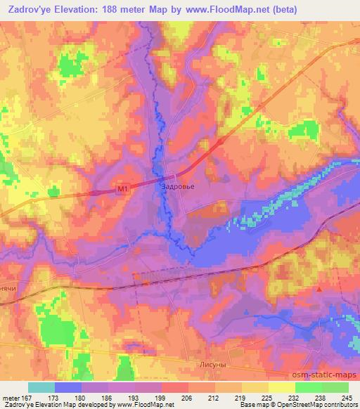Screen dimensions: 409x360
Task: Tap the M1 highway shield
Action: pos(123,188)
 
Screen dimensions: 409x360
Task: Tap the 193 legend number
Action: pos(134,397)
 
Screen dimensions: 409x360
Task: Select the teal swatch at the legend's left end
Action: pos(41,387)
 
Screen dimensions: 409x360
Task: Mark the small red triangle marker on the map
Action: pos(321,288)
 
